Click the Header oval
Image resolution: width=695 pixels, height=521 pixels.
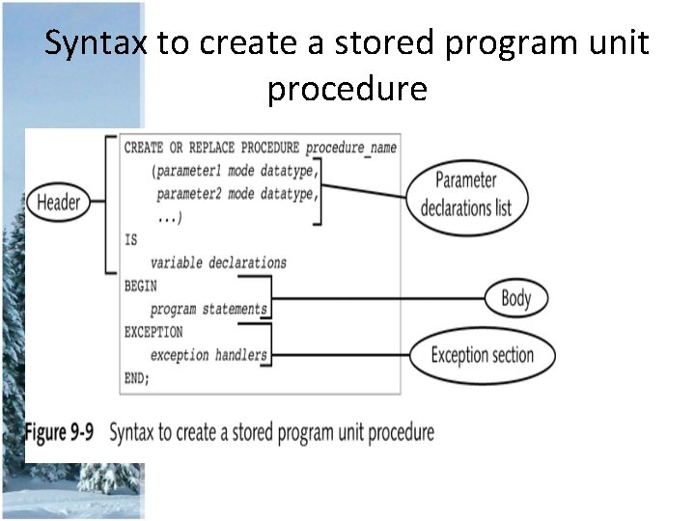[x=58, y=203]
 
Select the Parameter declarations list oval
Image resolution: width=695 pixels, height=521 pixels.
[x=465, y=194]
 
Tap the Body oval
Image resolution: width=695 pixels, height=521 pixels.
[x=515, y=298]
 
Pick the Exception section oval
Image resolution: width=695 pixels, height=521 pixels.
[x=482, y=355]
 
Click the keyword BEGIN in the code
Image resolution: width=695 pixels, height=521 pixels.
[x=140, y=286]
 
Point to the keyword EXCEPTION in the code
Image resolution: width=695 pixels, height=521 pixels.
[x=153, y=332]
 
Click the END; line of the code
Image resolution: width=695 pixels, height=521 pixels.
[x=137, y=378]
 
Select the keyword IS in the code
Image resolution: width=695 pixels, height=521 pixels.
[x=131, y=239]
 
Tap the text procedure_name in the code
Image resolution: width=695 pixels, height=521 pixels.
[x=351, y=148]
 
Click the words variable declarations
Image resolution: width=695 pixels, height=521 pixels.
[x=218, y=262]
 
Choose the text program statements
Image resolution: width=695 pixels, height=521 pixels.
[x=208, y=309]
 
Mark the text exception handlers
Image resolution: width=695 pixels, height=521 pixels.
[x=208, y=355]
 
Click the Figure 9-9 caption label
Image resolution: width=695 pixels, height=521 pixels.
[x=59, y=432]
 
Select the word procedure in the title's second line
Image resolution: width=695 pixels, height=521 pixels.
[x=347, y=89]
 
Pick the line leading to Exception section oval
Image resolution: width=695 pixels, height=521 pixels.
[x=338, y=355]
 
